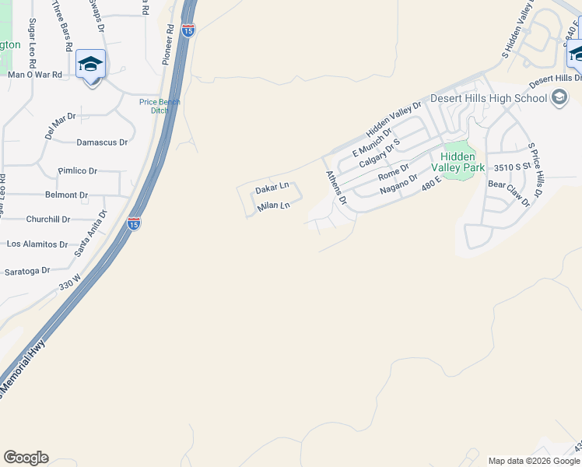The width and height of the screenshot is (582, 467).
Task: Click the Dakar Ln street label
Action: click(x=272, y=188)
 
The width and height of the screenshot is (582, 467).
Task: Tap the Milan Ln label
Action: click(x=273, y=205)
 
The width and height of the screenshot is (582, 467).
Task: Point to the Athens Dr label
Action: click(x=335, y=187)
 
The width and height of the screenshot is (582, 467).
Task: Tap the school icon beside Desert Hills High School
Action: click(x=559, y=98)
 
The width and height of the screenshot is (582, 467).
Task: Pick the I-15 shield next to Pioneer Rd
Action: click(x=188, y=30)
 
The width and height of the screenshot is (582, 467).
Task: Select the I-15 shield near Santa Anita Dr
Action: click(x=134, y=223)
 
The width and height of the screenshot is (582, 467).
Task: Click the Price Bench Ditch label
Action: click(x=160, y=106)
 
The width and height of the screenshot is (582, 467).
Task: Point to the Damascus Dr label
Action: click(x=101, y=142)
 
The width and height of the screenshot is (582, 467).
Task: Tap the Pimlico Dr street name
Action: click(x=77, y=170)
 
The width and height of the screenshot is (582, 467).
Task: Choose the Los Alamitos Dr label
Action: click(x=37, y=244)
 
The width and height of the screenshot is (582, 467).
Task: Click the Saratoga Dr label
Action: click(x=27, y=271)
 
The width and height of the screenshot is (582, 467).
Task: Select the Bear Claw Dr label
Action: click(x=508, y=193)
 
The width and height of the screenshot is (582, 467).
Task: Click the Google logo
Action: click(x=26, y=458)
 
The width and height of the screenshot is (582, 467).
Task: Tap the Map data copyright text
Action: click(x=534, y=461)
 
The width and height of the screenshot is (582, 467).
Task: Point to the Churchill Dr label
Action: click(x=48, y=219)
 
